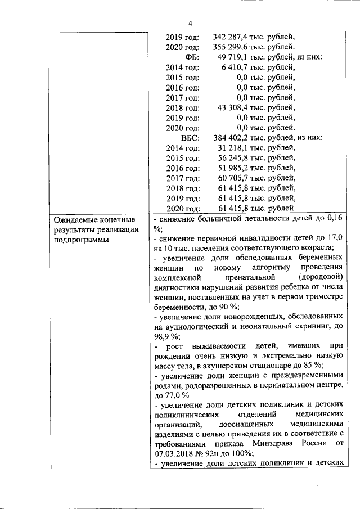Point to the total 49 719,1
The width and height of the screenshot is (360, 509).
[234, 57]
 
